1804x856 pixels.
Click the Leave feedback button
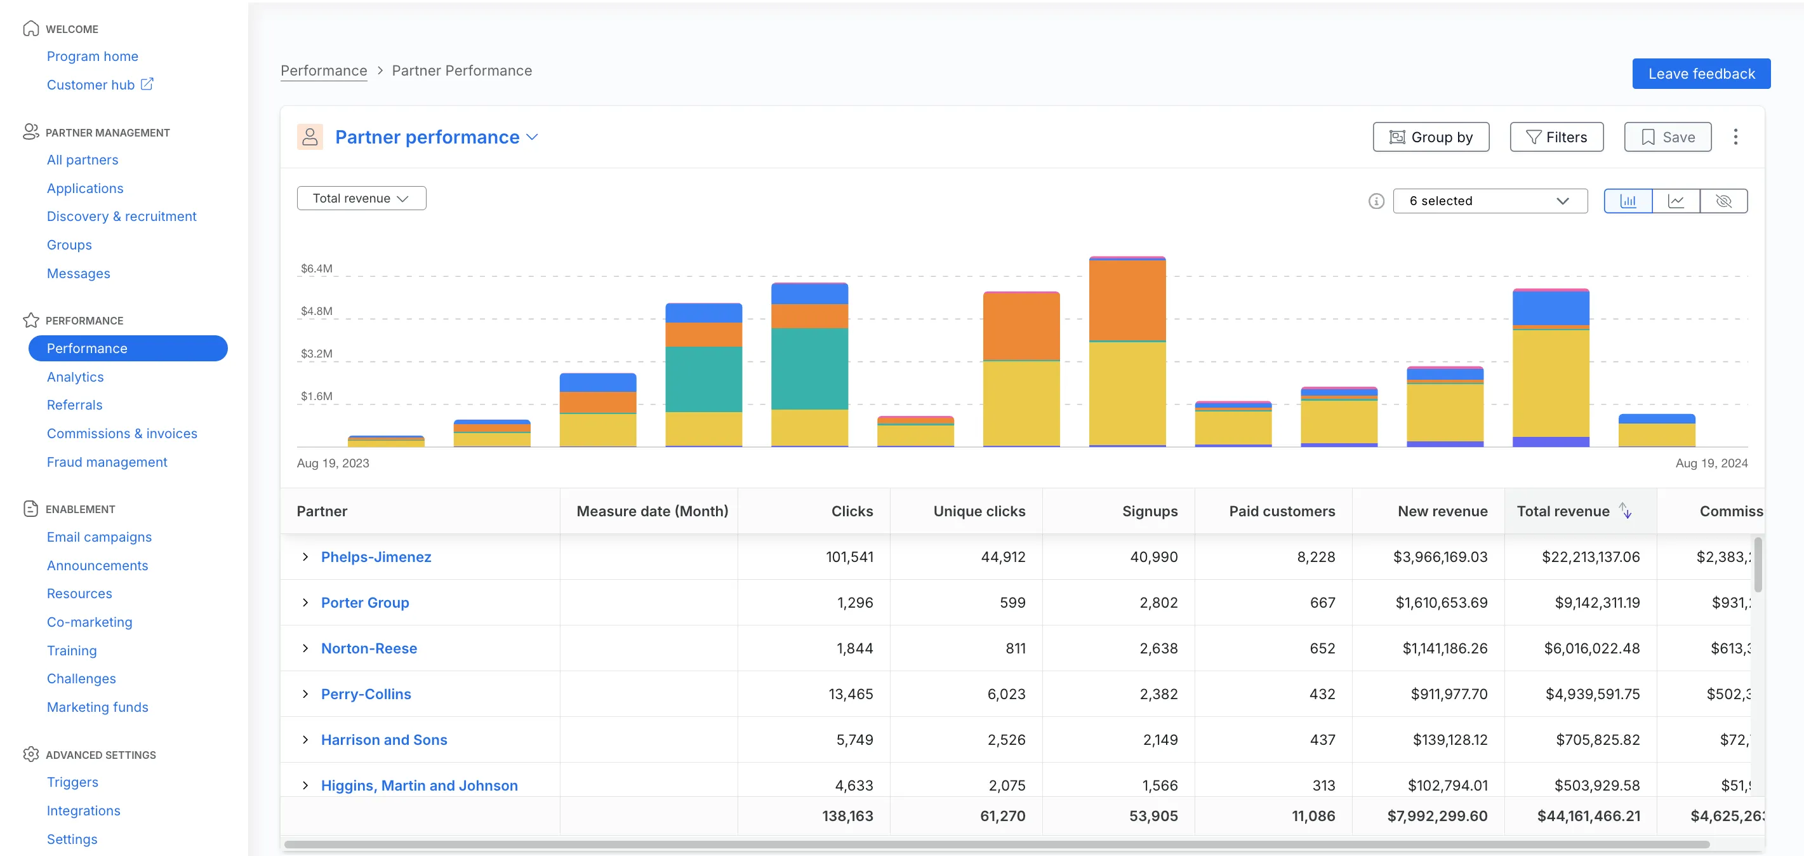[1701, 74]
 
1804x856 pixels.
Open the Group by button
[1430, 137]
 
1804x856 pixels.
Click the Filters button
[1555, 137]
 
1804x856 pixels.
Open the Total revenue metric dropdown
[361, 198]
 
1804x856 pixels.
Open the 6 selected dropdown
[1489, 201]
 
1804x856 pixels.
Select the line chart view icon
[1675, 201]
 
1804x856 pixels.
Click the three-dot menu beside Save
[1735, 137]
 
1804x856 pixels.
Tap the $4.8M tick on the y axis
[317, 311]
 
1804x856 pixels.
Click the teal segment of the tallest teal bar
[809, 368]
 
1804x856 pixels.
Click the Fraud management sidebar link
[107, 462]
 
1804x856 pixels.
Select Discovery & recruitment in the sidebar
[121, 217]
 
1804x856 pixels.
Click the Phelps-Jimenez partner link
[375, 557]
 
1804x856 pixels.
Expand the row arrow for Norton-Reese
[305, 648]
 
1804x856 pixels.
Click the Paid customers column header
[1281, 511]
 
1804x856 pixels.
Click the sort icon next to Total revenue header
[1626, 511]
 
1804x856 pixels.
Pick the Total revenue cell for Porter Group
[1596, 603]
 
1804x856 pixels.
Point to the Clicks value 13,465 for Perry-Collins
[850, 694]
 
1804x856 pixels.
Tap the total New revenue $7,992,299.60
[1436, 816]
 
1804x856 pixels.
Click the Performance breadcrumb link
[324, 70]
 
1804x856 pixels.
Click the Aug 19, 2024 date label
[1711, 463]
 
